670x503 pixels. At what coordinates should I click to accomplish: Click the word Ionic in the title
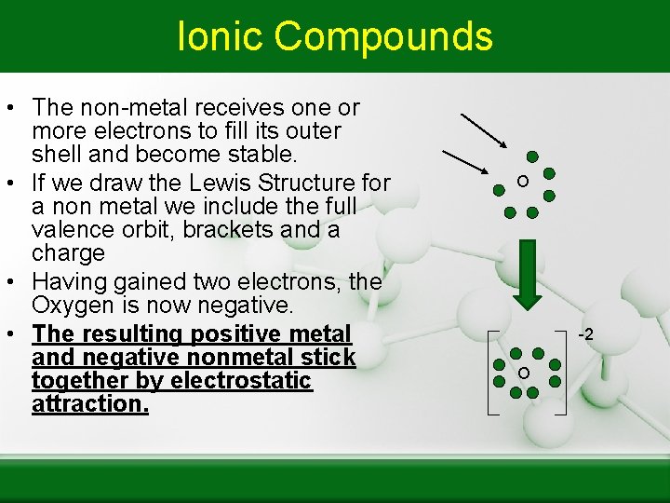pos(221,36)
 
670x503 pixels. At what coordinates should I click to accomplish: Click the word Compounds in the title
pos(383,36)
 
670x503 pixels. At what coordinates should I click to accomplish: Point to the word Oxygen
pos(72,306)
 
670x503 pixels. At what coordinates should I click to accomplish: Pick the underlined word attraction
pos(89,404)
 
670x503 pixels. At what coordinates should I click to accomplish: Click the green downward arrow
pos(528,274)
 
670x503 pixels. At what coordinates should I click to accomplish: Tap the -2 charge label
pos(585,333)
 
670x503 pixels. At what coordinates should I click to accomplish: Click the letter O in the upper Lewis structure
pos(524,181)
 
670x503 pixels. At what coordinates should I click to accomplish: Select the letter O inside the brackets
pos(524,373)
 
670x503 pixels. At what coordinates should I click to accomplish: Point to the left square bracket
pos(492,373)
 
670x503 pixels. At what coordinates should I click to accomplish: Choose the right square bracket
pos(561,373)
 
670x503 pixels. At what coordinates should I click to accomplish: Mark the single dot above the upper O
pos(532,156)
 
